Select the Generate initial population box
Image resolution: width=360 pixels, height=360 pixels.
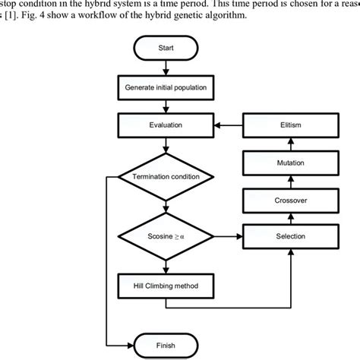pos(166,87)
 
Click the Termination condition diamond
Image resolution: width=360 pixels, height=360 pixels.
pos(166,176)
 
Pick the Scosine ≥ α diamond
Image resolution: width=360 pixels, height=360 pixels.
pos(166,236)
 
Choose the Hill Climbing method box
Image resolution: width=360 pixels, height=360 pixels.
pos(166,286)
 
